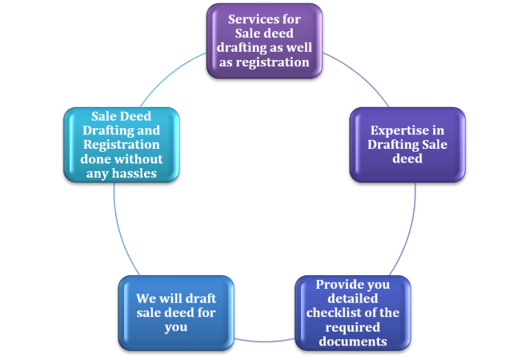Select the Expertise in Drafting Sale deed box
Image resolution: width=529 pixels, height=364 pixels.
coord(407,144)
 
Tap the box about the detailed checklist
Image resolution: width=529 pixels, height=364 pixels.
coord(353,312)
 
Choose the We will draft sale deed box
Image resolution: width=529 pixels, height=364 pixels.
coord(176,312)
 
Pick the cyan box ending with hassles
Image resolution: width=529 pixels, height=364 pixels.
coord(121,144)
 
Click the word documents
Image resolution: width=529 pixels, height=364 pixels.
coord(353,341)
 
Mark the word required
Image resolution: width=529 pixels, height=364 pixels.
coord(353,327)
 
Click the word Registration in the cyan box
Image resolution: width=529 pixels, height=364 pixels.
coord(121,145)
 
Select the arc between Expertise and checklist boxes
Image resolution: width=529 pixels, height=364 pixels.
coord(412,228)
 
